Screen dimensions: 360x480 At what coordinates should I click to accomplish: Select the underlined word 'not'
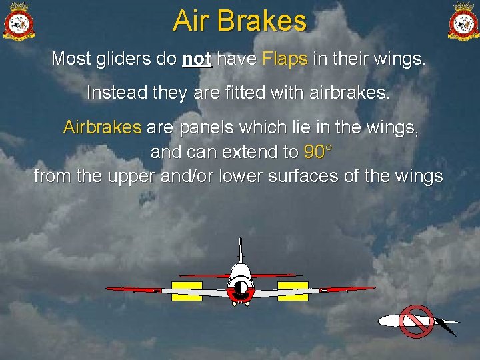coord(197,59)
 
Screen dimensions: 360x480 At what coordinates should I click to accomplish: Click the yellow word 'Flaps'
coord(285,59)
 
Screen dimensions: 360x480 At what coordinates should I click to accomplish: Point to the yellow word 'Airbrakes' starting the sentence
coord(102,127)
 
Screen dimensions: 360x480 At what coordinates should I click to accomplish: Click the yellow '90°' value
coord(317,152)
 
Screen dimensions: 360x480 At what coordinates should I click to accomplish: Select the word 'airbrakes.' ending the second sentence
coord(350,93)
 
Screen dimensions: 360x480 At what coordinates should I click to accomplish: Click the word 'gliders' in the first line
coord(118,59)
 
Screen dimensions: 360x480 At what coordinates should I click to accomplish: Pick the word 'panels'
coord(201,127)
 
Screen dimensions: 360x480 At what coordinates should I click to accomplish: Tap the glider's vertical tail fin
coord(240,250)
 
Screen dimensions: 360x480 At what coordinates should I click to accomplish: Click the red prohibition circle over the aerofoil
coord(416,321)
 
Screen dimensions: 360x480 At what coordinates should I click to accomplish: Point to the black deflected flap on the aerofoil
coord(445,327)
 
